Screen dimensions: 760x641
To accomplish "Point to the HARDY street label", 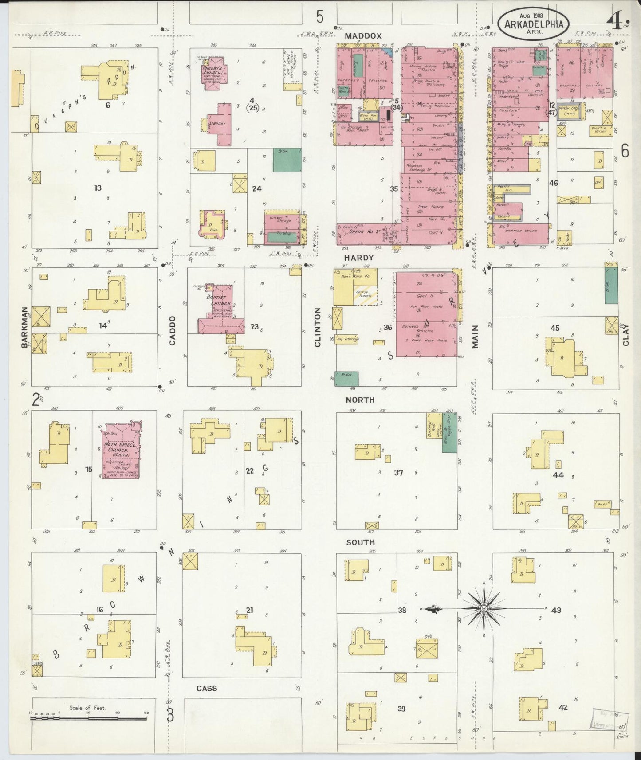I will click(359, 258).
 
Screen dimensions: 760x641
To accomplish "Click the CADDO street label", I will click(172, 331).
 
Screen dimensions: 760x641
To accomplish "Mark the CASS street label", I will click(207, 688).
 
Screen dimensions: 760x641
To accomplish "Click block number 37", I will click(399, 473).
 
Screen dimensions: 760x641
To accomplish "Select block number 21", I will click(250, 610).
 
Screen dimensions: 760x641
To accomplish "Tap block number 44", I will click(558, 475).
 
